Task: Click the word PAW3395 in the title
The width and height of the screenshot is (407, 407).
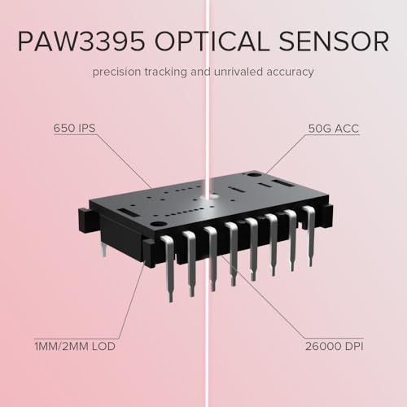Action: click(x=81, y=42)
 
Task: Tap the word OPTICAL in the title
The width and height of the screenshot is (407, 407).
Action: click(x=212, y=42)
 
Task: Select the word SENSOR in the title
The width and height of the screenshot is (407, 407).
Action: click(x=334, y=42)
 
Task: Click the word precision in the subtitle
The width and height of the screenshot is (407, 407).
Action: click(x=116, y=72)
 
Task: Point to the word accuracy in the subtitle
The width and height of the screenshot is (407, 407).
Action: click(x=290, y=72)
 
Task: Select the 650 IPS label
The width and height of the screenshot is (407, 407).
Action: click(x=74, y=128)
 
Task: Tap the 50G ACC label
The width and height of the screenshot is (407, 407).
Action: click(x=334, y=129)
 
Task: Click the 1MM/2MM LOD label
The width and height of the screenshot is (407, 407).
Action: click(x=75, y=347)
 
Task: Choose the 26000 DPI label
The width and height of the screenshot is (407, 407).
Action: click(x=335, y=347)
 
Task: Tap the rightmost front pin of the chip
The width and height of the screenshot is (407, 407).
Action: click(x=310, y=234)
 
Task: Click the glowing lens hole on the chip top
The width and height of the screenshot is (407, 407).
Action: click(x=211, y=196)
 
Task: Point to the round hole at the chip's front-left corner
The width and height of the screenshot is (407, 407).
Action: click(x=156, y=225)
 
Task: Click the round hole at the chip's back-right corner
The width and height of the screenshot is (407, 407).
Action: click(x=252, y=175)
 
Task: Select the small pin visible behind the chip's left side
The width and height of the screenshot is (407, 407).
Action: click(x=103, y=250)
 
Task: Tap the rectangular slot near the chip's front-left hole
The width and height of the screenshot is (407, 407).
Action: click(x=125, y=211)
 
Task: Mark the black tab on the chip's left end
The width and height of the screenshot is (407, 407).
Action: click(x=85, y=220)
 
